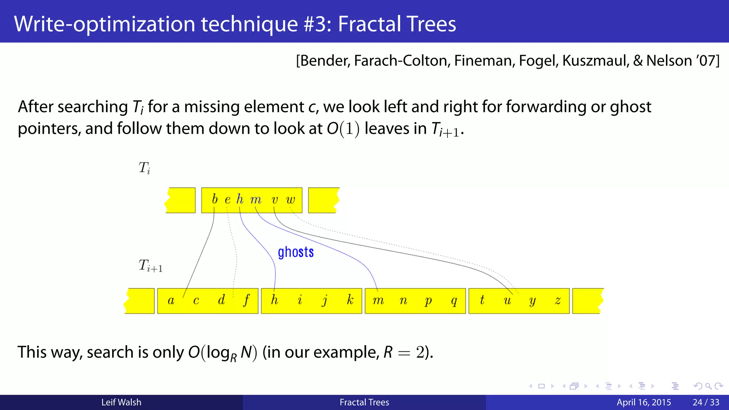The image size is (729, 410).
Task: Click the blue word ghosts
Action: pos(295,252)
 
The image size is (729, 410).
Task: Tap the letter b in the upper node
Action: pos(215,199)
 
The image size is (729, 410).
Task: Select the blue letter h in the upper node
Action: pos(240,199)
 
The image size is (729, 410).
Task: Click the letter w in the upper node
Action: pos(290,200)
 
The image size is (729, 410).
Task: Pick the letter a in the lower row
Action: pos(171,301)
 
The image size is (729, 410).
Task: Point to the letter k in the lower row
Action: pos(350,300)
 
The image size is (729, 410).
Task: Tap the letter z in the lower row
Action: pos(557,301)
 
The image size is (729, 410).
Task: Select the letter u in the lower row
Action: pos(507,301)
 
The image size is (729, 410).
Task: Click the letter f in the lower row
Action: pos(246,300)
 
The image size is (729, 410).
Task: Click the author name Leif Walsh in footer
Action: pos(121,402)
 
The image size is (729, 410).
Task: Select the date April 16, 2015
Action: pos(644,402)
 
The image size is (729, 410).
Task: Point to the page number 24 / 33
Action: pos(706,402)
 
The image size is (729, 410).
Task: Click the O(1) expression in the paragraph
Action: pos(343,129)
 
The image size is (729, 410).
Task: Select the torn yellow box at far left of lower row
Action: pos(140,301)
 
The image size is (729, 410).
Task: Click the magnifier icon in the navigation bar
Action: pos(708,386)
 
